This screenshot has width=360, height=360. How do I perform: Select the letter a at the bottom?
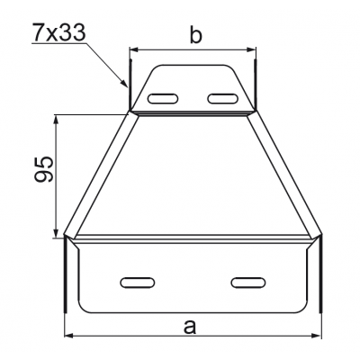click(189, 326)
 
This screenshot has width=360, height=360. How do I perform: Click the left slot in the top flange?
click(164, 97)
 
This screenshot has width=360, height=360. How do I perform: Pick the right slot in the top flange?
click(220, 97)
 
